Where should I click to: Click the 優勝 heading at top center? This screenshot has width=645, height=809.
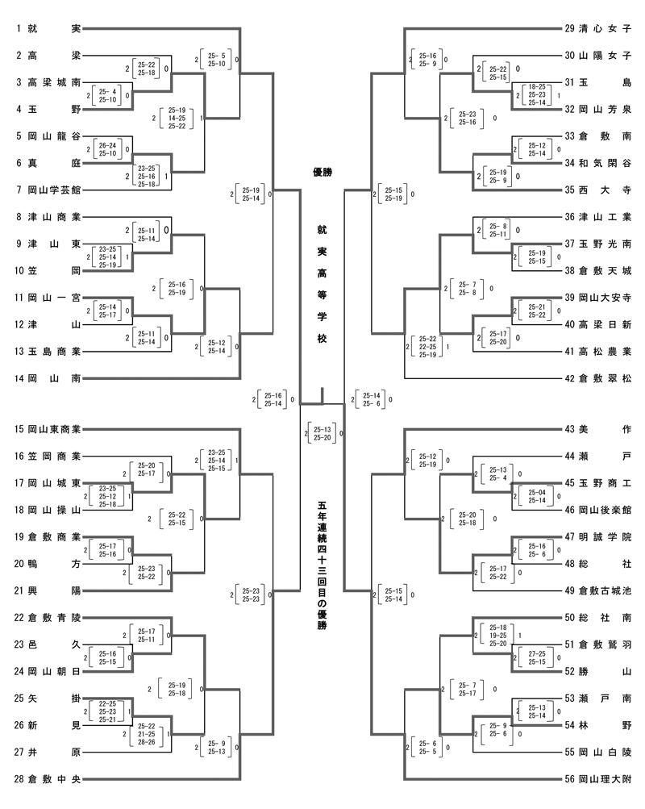pos(322,172)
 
